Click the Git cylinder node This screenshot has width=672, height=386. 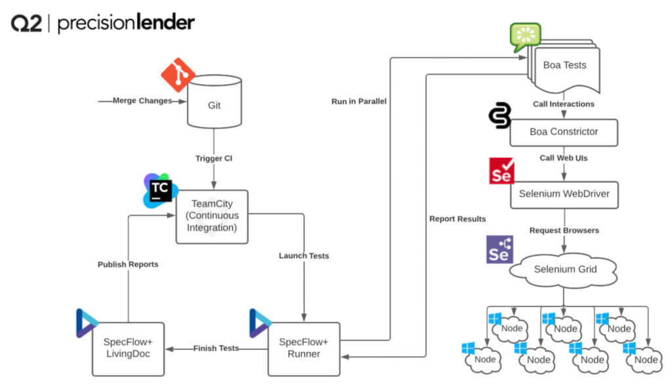pos(215,104)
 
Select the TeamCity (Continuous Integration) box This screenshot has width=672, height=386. pos(211,216)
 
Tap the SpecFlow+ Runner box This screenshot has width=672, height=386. pos(304,348)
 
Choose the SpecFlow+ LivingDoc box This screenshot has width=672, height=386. pos(128,348)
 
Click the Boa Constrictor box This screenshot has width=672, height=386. pos(564,132)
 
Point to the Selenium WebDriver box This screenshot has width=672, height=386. pos(564,195)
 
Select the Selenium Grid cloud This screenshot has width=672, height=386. pos(564,268)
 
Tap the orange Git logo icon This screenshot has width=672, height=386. pos(178,74)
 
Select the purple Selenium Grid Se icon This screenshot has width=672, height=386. pos(500,250)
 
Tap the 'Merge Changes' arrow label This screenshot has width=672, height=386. pos(142,101)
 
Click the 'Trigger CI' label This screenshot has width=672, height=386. pos(214,158)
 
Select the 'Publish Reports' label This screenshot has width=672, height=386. pos(129,264)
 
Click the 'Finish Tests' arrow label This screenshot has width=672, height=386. pos(215,348)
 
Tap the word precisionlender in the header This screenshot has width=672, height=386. pos(126,24)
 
